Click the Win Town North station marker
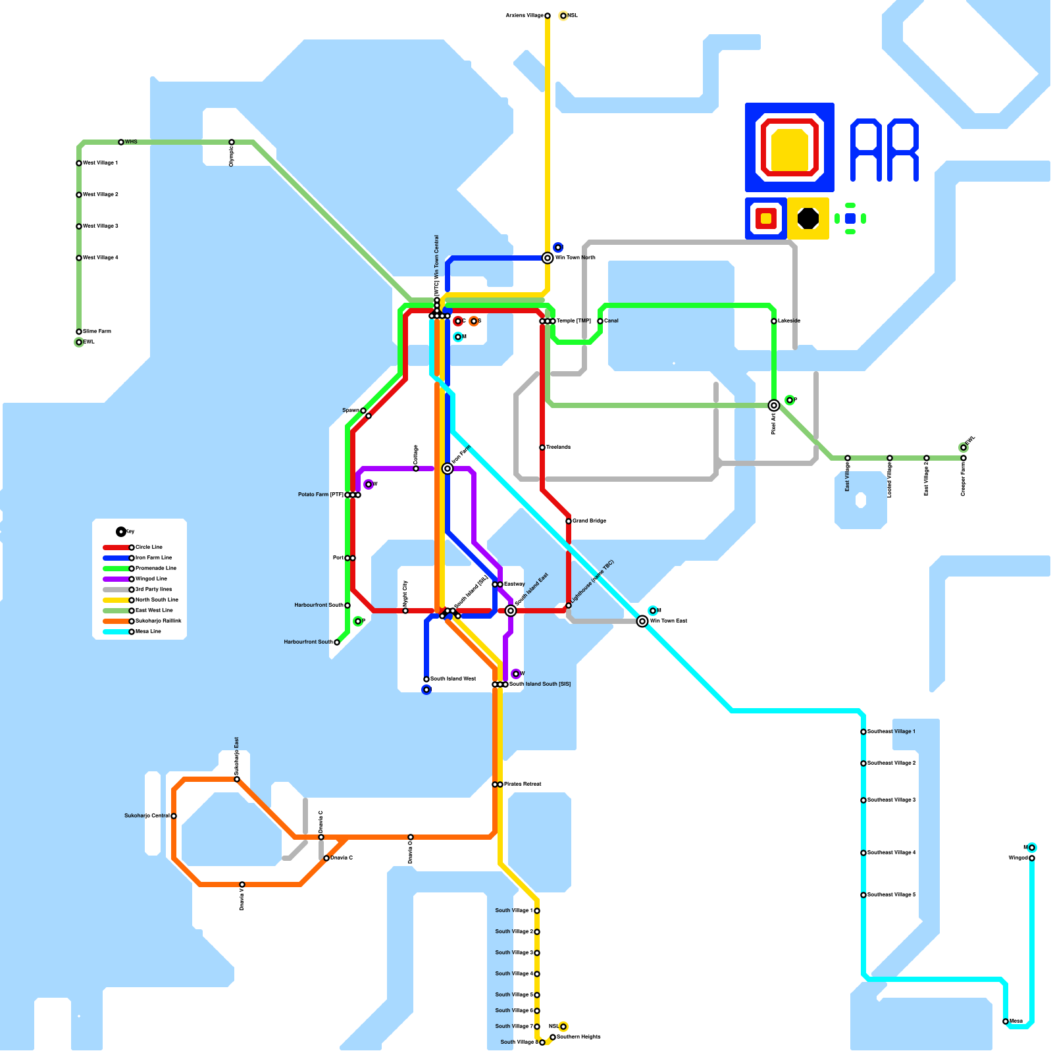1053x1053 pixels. (x=548, y=258)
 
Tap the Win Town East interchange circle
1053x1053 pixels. (x=642, y=621)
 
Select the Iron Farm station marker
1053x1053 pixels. (x=448, y=469)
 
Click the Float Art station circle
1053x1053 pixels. (x=774, y=405)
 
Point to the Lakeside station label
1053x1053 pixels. (x=789, y=321)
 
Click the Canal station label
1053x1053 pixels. (x=611, y=321)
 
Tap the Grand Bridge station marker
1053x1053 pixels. (x=569, y=521)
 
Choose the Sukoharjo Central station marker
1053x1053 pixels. (x=174, y=816)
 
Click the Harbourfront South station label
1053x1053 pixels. (x=308, y=642)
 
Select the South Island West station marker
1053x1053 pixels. (x=426, y=679)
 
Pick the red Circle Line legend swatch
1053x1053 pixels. (x=116, y=548)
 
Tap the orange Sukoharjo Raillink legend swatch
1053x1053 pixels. (x=116, y=621)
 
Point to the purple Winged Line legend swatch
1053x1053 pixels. (x=116, y=579)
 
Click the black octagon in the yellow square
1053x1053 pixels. (x=808, y=218)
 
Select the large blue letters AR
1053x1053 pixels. (x=885, y=150)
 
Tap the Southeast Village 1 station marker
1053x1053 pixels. (x=863, y=732)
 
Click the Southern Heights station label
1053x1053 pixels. (x=579, y=1037)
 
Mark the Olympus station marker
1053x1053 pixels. (x=232, y=142)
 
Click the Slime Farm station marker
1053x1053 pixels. (x=79, y=332)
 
